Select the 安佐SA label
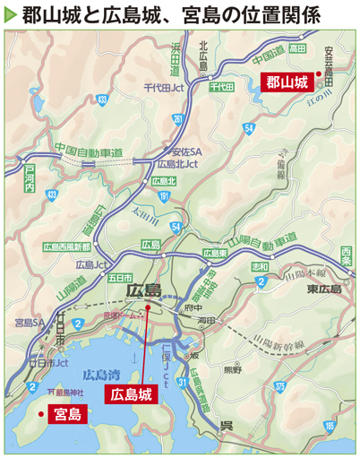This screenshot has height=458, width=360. coord(184,151)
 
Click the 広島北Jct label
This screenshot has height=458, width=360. coord(177,164)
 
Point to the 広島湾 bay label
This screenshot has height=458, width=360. coord(99,374)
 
